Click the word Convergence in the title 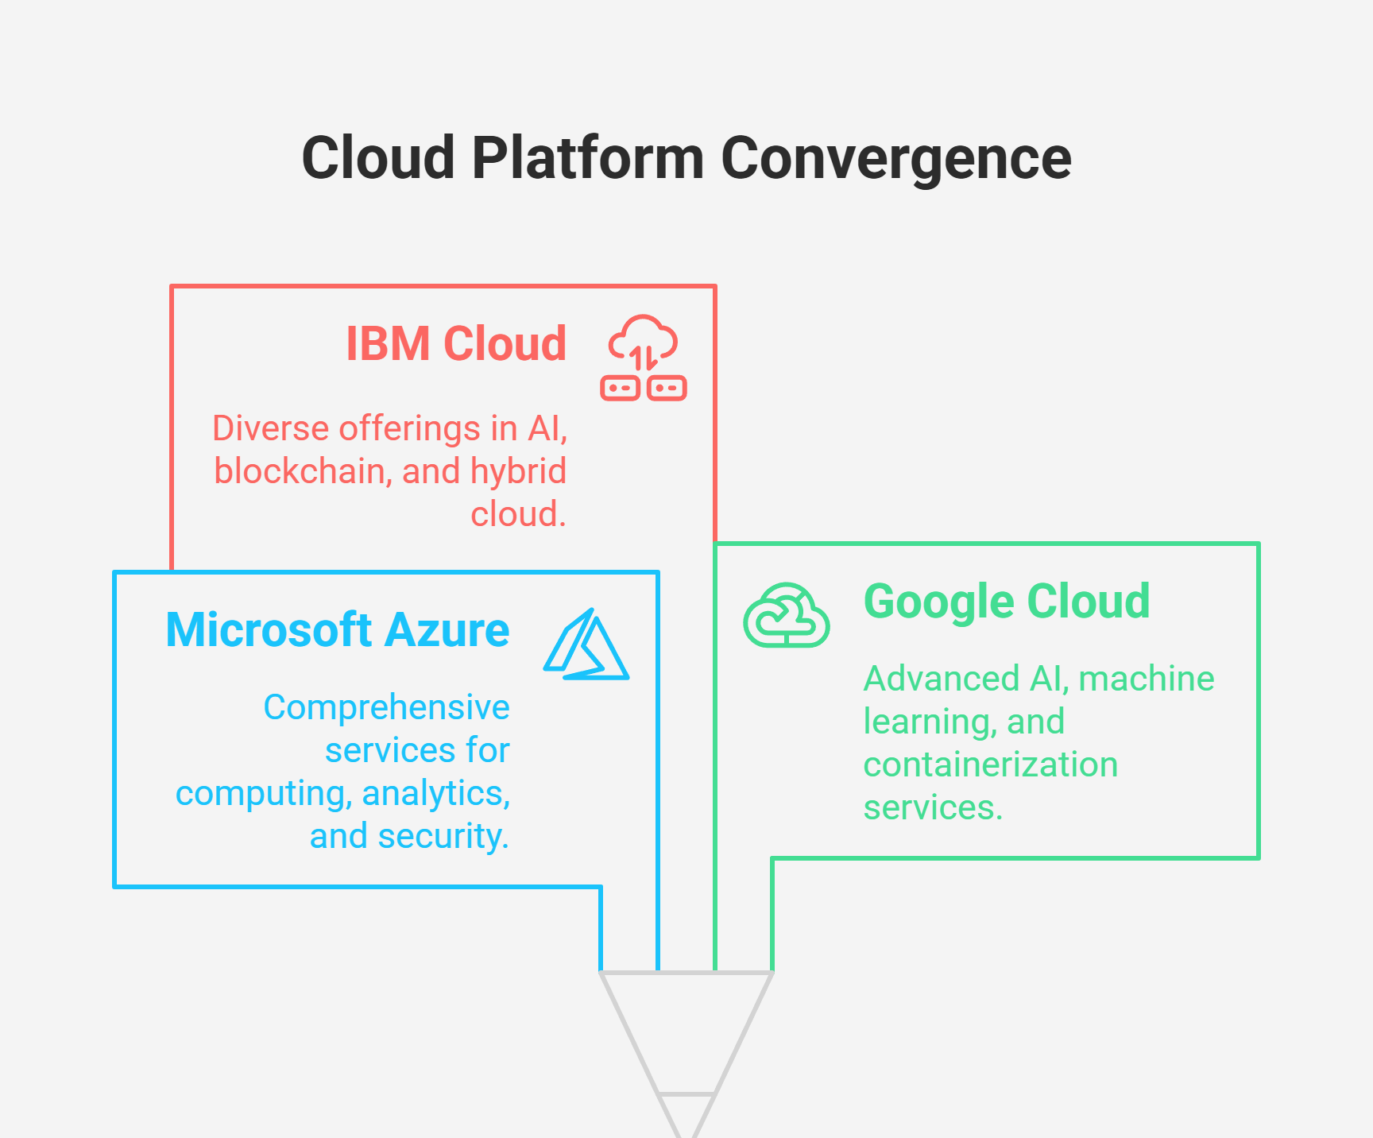click(896, 159)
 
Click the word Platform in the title click(588, 157)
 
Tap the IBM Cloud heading click(456, 343)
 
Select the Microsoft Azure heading click(338, 630)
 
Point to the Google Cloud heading click(1007, 602)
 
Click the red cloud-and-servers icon click(644, 358)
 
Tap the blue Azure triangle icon click(586, 644)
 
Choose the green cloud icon click(787, 615)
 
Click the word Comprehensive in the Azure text click(386, 707)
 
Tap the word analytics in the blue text click(436, 794)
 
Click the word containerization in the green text click(991, 764)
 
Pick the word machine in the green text click(1147, 679)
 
